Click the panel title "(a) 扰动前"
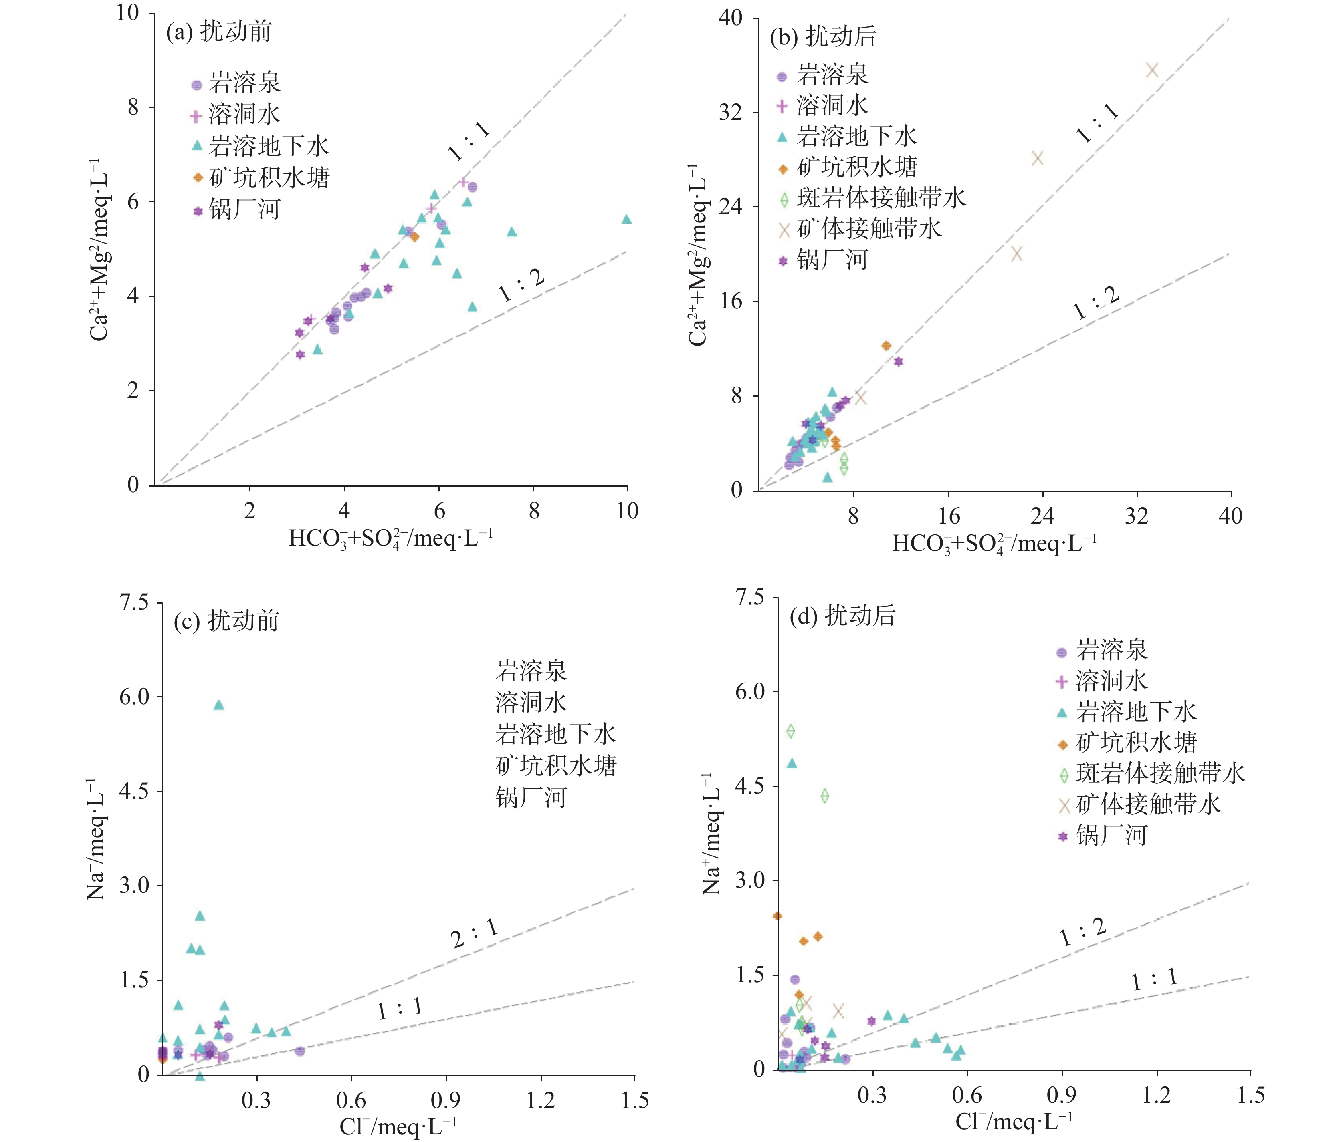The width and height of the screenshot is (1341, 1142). [219, 32]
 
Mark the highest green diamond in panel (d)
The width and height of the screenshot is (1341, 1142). [790, 731]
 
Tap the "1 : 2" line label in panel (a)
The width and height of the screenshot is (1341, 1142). [522, 286]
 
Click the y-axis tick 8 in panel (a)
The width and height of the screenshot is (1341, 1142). [133, 107]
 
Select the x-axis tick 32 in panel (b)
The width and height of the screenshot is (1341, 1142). [1137, 516]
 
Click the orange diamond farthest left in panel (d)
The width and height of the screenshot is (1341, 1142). [777, 916]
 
